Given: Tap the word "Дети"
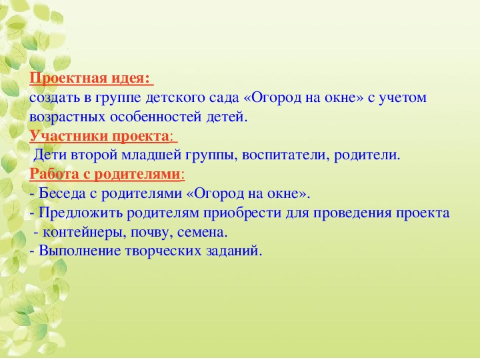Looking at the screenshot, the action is (50, 155).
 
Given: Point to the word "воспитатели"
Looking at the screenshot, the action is (285, 155).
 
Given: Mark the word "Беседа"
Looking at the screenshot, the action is (62, 194).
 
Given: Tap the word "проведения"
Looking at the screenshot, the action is (353, 213).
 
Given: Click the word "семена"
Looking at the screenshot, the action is (202, 233).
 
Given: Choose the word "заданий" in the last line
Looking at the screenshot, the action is (234, 251).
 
